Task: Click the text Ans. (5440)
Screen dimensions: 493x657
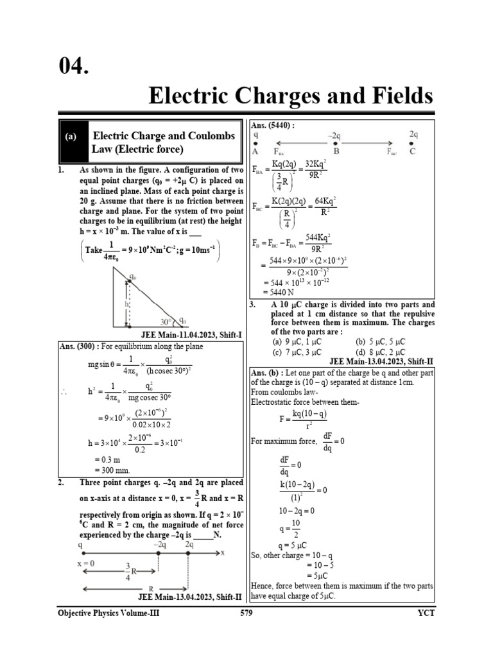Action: (273, 126)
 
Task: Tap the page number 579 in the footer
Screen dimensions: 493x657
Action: (246, 613)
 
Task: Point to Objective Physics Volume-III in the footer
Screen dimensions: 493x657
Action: (108, 613)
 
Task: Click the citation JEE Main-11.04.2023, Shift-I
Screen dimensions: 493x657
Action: (191, 335)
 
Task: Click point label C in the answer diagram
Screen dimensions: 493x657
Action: (413, 151)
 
